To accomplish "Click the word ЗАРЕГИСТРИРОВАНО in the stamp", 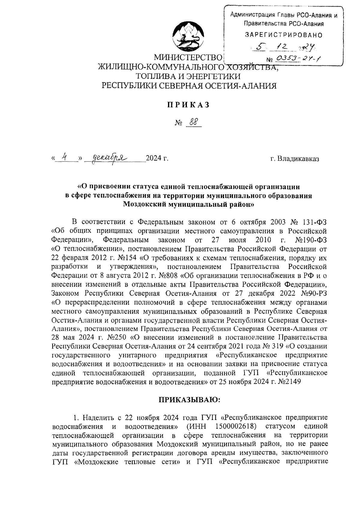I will (x=284, y=35).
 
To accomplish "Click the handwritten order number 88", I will (x=193, y=122).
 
